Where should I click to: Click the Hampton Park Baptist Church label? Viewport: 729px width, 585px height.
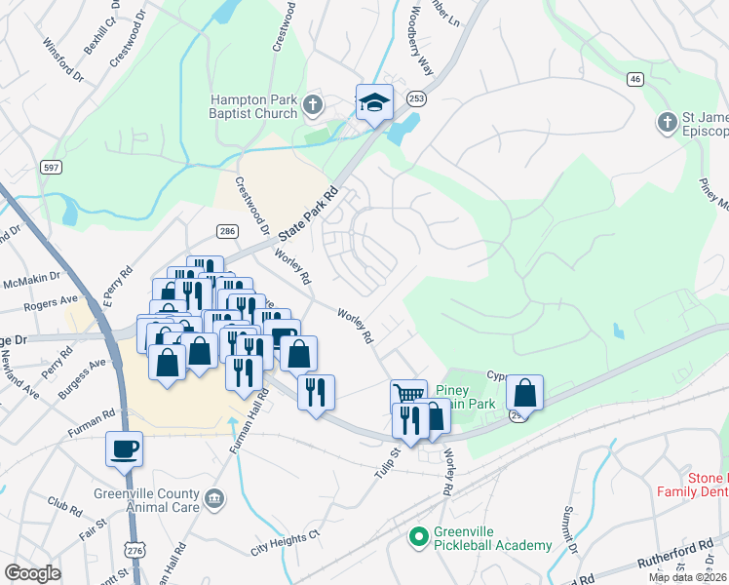click(255, 106)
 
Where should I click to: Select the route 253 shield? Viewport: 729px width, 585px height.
click(416, 97)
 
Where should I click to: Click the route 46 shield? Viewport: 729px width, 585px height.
click(635, 79)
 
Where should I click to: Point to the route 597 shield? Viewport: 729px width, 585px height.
click(52, 168)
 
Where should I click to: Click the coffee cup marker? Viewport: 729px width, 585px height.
click(125, 449)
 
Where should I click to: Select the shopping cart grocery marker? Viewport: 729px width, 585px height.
click(408, 395)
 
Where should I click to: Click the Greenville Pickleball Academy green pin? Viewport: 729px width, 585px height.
click(419, 536)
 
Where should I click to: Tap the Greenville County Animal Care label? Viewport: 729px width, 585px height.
click(146, 499)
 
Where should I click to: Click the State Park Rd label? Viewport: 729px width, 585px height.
click(307, 214)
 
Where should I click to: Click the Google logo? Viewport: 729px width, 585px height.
click(32, 573)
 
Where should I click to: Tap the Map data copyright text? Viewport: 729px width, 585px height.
click(687, 578)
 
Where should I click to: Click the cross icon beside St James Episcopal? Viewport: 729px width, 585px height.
click(667, 122)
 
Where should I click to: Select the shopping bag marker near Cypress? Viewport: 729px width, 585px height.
click(524, 393)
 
